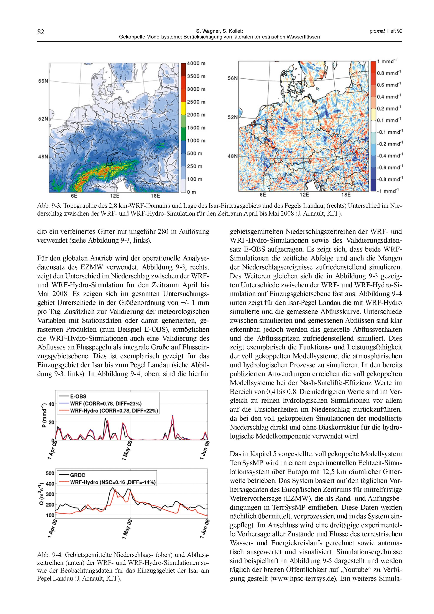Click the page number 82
(40, 32)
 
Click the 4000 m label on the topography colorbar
(196, 63)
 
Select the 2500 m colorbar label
(196, 102)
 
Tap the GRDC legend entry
(77, 475)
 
